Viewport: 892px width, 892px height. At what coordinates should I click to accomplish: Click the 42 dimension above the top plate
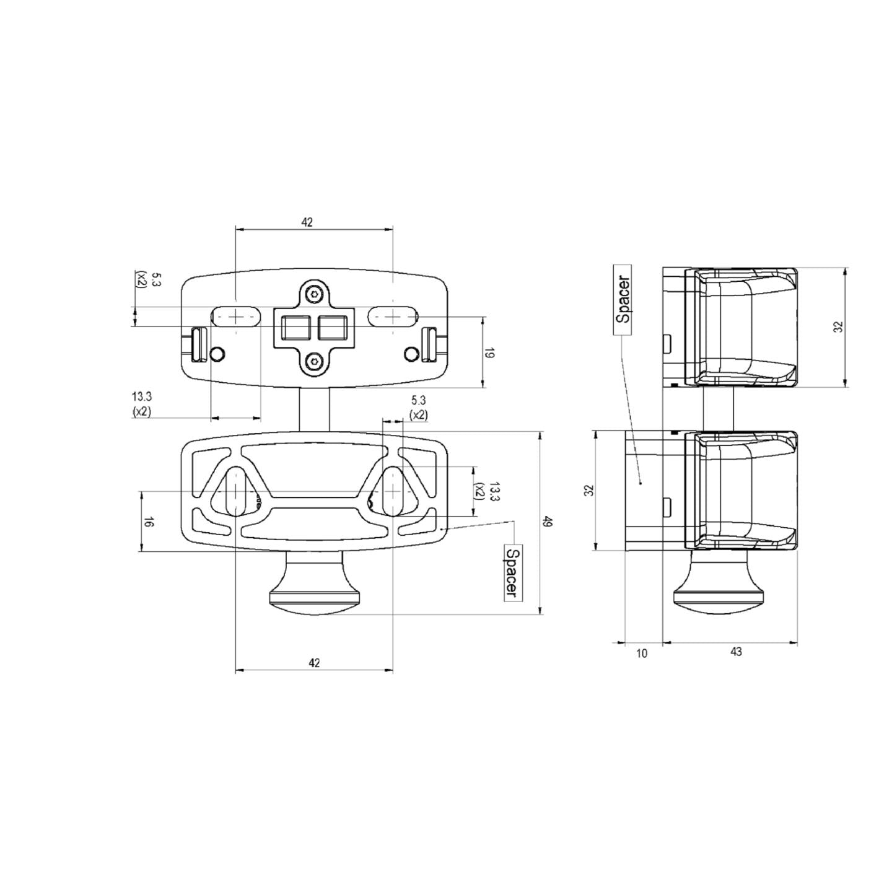(x=307, y=222)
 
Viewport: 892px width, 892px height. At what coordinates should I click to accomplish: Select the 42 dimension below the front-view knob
(x=314, y=663)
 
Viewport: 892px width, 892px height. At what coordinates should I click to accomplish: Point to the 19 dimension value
(x=489, y=354)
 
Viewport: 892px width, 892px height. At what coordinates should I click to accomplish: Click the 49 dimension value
(x=547, y=522)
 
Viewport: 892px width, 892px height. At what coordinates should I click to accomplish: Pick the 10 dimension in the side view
(x=642, y=653)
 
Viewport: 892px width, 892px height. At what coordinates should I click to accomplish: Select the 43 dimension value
(x=736, y=652)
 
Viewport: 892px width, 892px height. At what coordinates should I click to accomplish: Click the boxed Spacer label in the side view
(x=623, y=300)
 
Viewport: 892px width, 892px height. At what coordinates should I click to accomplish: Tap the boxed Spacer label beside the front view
(x=511, y=572)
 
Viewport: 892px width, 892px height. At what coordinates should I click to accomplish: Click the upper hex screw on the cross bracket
(x=316, y=294)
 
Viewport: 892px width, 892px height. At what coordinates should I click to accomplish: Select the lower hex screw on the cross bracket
(x=316, y=360)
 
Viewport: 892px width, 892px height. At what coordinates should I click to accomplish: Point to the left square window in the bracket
(x=295, y=327)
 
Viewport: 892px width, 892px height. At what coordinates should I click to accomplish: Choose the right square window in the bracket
(x=333, y=327)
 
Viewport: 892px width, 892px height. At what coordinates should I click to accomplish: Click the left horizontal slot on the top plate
(x=236, y=317)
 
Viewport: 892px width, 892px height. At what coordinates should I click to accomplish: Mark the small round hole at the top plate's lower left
(x=217, y=354)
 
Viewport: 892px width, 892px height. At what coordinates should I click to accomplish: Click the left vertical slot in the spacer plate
(x=236, y=491)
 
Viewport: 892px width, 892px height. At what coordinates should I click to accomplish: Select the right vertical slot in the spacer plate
(x=393, y=491)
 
